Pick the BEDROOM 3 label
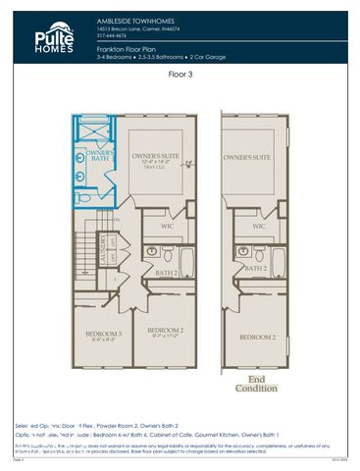click(x=103, y=335)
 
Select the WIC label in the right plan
click(x=259, y=227)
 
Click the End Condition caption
click(x=256, y=384)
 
